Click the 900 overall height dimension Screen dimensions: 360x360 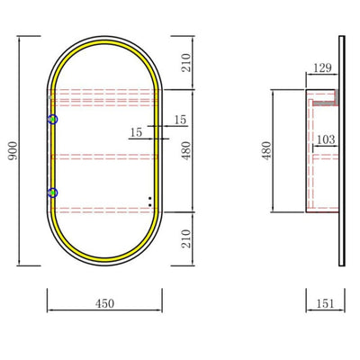(13, 150)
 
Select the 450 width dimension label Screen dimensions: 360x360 (105, 303)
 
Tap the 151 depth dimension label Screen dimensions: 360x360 (325, 303)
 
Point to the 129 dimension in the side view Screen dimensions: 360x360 (323, 67)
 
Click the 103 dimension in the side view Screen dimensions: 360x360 (326, 139)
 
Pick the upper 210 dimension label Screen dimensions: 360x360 (186, 62)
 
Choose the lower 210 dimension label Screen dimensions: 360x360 (186, 238)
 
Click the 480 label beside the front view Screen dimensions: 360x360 (186, 150)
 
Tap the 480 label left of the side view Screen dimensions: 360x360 (266, 150)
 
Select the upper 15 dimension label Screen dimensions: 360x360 (180, 120)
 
